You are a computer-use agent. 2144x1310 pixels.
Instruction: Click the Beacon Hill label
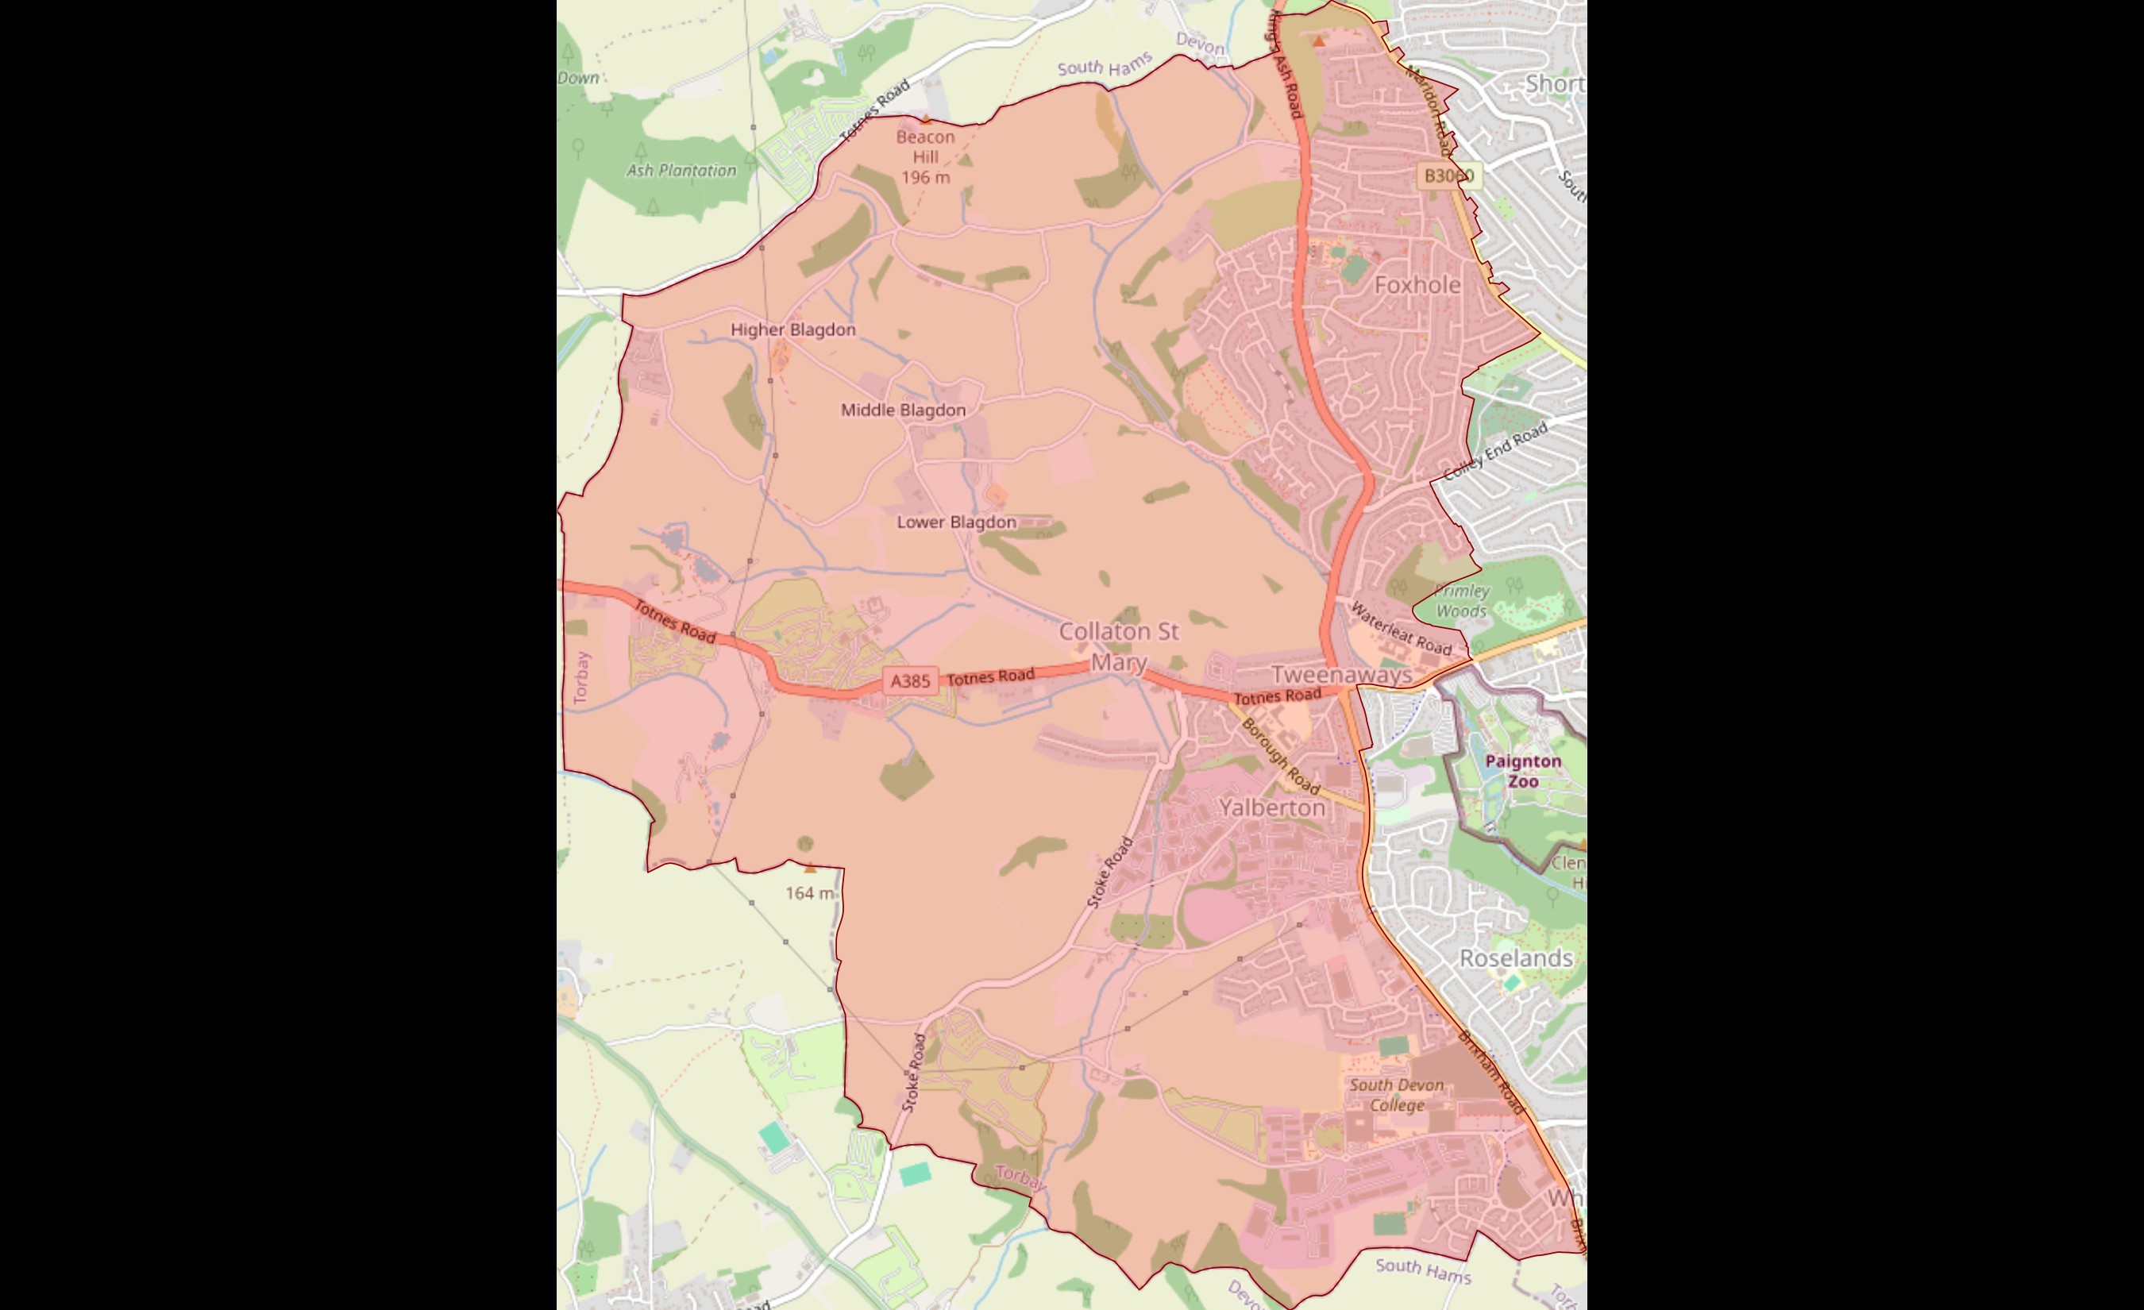coord(925,147)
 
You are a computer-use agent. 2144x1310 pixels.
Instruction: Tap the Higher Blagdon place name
coord(792,329)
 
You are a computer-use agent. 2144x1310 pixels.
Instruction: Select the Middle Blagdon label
coord(903,410)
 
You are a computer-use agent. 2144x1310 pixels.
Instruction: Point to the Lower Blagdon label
coord(956,522)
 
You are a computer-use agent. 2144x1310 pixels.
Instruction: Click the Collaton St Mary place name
coord(1119,646)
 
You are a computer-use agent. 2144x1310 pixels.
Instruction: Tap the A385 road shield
coord(910,680)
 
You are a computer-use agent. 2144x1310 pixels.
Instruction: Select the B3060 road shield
coord(1448,175)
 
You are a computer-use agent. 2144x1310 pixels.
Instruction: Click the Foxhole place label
coord(1417,284)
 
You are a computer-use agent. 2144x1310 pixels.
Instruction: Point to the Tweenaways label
coord(1342,674)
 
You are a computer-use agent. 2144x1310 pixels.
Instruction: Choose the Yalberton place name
coord(1272,807)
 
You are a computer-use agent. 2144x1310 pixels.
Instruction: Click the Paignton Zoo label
coord(1523,771)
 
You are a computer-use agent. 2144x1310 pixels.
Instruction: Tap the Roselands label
coord(1516,957)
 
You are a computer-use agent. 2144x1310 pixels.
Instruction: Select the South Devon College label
coord(1397,1095)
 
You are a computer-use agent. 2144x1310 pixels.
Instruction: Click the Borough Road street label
coord(1280,755)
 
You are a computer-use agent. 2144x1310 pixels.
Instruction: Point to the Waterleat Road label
coord(1400,629)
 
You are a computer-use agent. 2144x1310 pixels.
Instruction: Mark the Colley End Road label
coord(1496,451)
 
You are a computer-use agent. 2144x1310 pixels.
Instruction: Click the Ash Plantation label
coord(681,171)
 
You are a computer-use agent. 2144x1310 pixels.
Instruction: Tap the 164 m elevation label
coord(809,892)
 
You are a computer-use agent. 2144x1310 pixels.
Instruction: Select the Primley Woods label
coord(1462,601)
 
